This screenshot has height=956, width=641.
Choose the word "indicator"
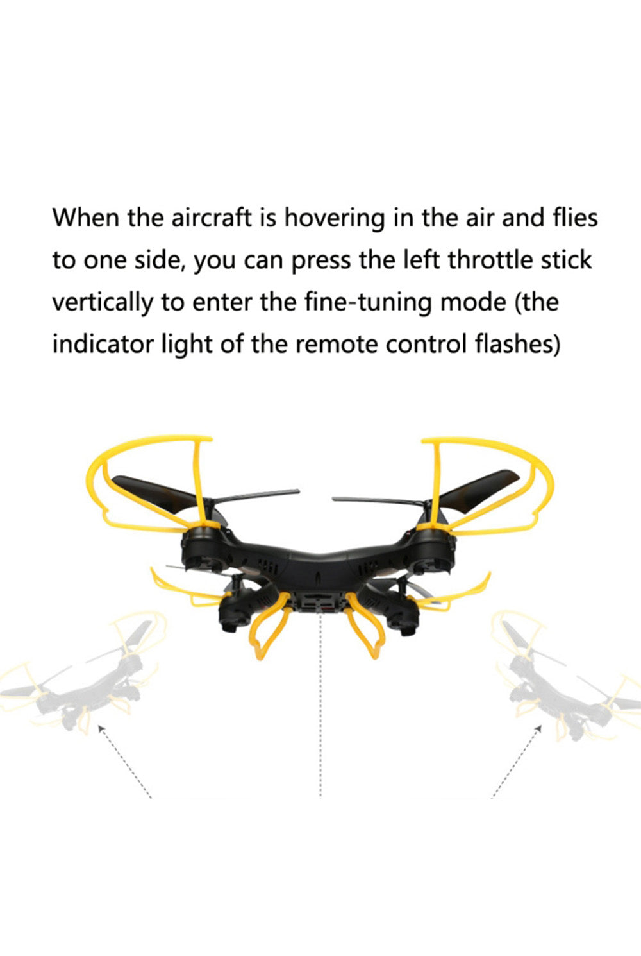pyautogui.click(x=103, y=344)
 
